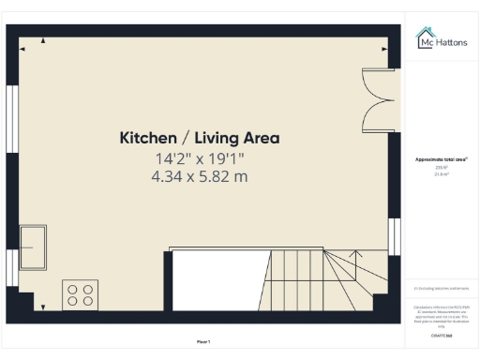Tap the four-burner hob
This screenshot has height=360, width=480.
point(80,294)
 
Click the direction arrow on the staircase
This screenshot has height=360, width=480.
point(355,254)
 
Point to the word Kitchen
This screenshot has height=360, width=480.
point(148,138)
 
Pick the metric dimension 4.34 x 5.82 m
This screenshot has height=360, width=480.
point(199,176)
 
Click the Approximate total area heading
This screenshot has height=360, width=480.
point(442,160)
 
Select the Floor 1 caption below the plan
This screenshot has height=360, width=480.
point(203,341)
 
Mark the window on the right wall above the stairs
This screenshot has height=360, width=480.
point(393,235)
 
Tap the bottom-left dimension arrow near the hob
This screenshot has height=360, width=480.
point(43,306)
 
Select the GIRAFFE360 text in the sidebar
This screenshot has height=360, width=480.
point(442,334)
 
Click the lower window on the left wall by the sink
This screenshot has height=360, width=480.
point(12,267)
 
